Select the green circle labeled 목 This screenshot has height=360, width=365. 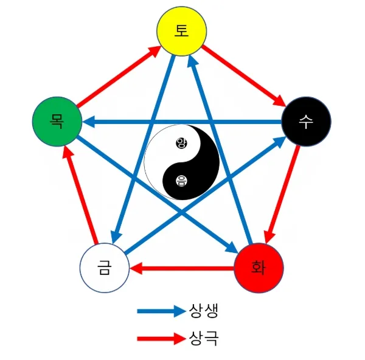pyautogui.click(x=57, y=121)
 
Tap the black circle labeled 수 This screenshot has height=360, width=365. pyautogui.click(x=305, y=121)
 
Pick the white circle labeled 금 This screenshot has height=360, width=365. pyautogui.click(x=105, y=268)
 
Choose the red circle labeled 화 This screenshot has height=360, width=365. pyautogui.click(x=259, y=268)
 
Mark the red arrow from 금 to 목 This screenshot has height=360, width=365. pyautogui.click(x=82, y=195)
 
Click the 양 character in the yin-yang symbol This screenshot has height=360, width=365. pyautogui.click(x=181, y=143)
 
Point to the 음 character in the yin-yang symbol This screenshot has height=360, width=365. pyautogui.click(x=181, y=180)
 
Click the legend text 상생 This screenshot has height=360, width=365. pyautogui.click(x=204, y=311)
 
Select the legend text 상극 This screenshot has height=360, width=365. pyautogui.click(x=204, y=338)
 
